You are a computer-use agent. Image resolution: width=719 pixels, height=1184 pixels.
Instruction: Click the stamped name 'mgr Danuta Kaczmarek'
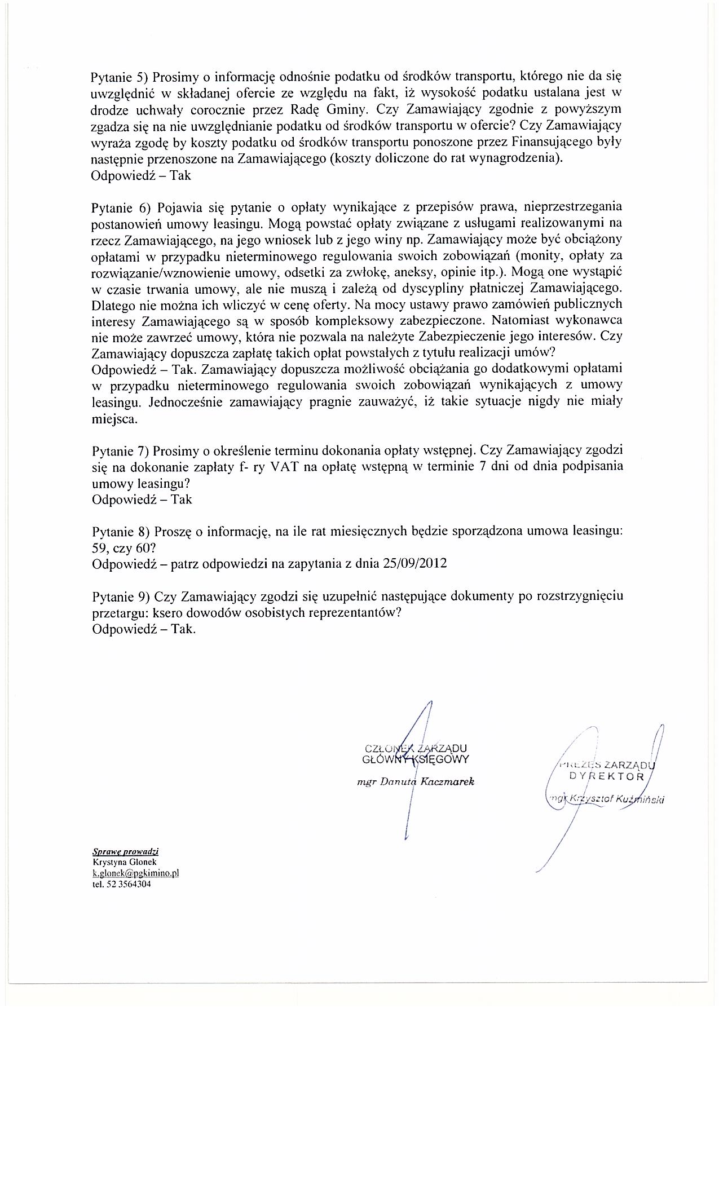416,782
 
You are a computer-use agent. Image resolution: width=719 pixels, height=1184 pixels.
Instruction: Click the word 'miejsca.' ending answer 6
113,419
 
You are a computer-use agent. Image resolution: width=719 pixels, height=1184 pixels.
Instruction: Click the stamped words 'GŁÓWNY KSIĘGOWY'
416,759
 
